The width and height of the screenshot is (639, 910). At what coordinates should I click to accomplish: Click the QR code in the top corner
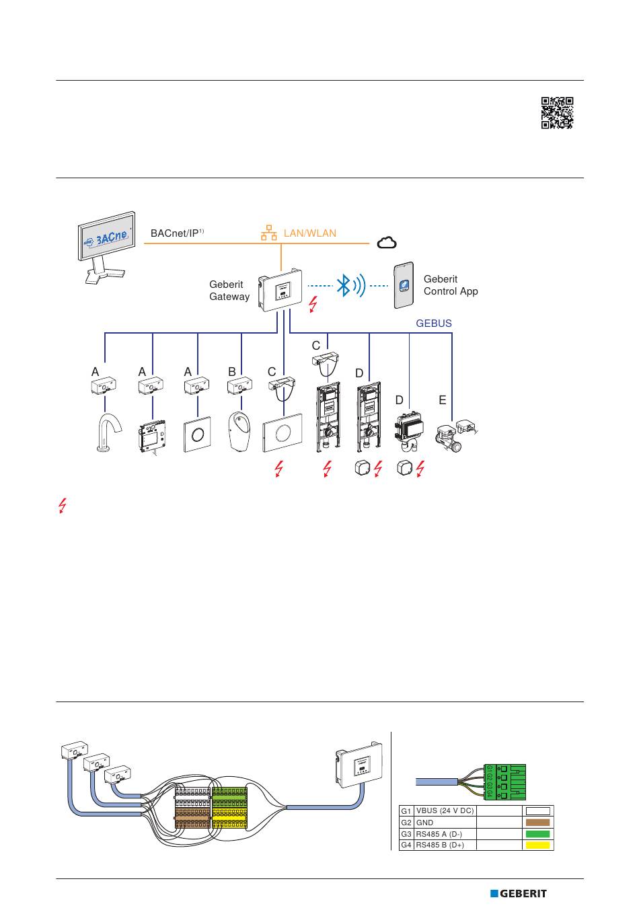557,113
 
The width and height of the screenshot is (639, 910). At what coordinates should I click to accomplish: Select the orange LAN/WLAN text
309,233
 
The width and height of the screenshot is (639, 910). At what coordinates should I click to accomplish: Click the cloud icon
387,243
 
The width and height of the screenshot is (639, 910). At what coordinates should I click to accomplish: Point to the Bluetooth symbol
344,286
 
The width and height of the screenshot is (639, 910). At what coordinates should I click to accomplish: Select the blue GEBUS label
434,324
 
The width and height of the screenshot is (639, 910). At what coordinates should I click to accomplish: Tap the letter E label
442,400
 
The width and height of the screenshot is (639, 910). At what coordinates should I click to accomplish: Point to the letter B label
231,371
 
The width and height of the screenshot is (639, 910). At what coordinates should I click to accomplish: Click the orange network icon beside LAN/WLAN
269,233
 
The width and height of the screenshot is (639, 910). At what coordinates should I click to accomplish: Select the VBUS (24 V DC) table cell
445,811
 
